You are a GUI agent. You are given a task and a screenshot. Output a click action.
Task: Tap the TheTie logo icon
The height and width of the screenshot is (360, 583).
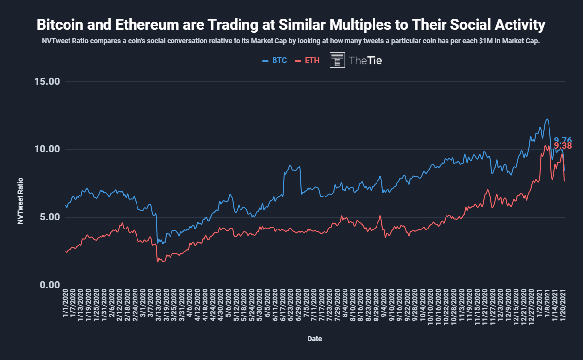point(337,60)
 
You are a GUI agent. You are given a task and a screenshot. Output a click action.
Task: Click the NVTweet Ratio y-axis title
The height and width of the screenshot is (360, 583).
point(21,201)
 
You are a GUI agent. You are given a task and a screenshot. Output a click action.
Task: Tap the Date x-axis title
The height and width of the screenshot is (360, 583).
point(315,339)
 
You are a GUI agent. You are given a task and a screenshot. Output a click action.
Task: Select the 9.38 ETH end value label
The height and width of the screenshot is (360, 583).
point(563,146)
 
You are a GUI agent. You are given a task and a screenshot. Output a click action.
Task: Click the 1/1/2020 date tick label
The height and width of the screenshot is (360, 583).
point(66,304)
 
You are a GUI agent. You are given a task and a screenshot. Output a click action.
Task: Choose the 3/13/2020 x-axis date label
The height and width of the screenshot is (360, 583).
point(159,306)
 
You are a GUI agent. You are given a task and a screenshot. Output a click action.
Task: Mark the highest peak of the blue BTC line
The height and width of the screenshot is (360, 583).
point(547,119)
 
